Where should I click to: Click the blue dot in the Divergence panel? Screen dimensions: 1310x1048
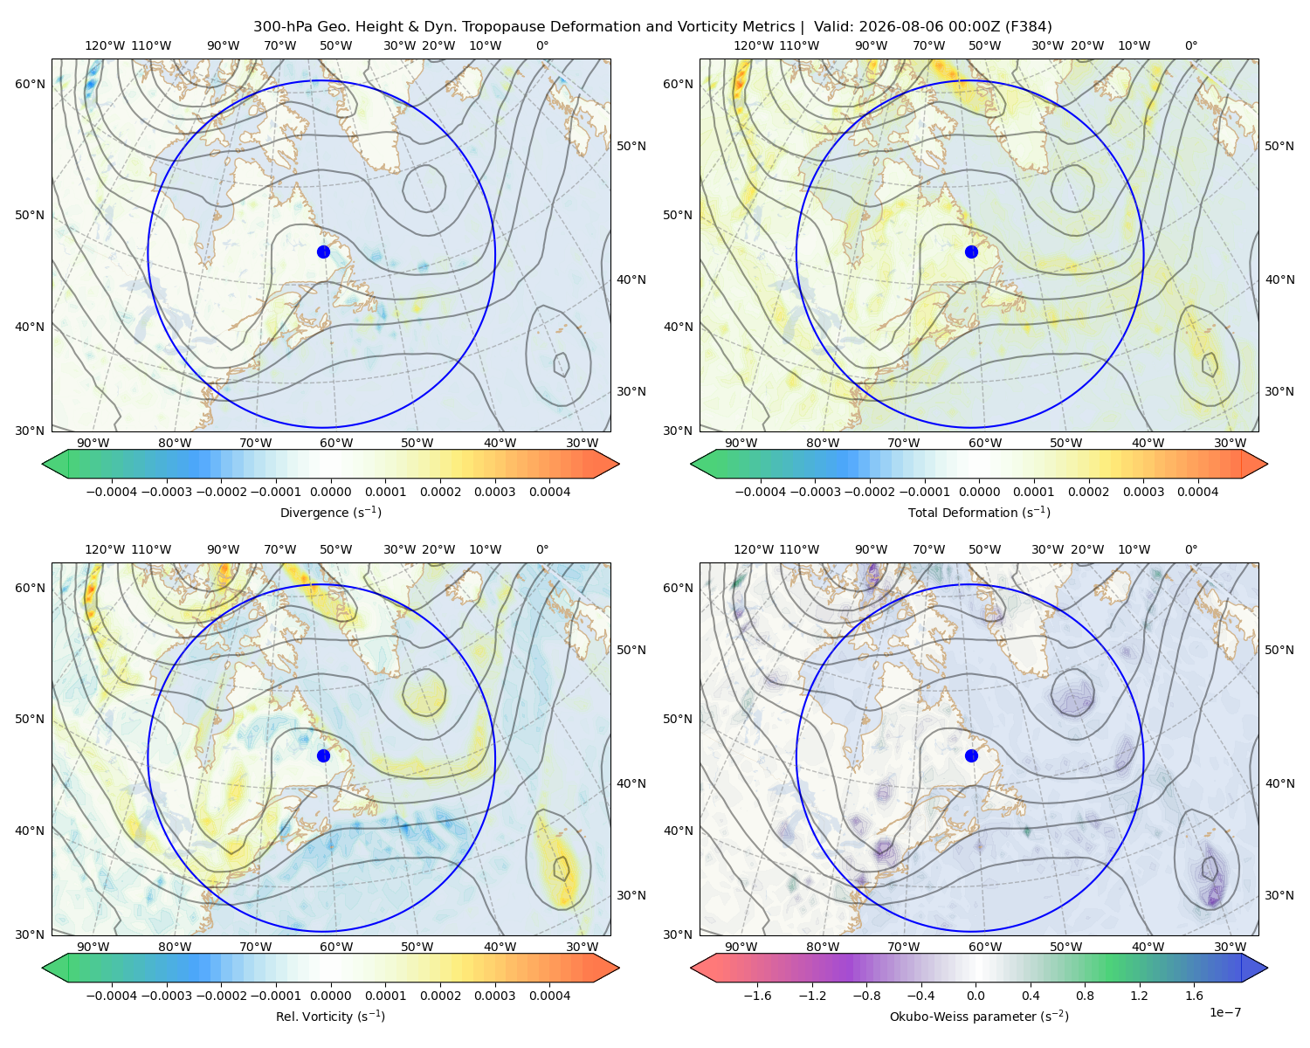click(323, 252)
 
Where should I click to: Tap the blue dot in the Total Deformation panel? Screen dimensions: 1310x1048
click(971, 252)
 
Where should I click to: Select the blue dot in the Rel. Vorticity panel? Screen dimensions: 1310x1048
click(323, 755)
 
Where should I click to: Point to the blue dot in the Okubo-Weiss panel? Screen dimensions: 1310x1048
click(971, 755)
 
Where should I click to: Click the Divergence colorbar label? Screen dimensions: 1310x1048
click(330, 512)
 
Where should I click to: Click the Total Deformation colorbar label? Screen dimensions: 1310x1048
click(979, 512)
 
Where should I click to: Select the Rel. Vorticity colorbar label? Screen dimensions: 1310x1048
click(330, 1017)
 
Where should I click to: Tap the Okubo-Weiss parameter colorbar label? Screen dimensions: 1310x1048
click(979, 1017)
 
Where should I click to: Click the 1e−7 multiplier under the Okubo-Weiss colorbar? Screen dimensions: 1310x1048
click(1224, 1012)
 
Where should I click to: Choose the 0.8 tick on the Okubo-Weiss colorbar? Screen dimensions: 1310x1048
click(1085, 996)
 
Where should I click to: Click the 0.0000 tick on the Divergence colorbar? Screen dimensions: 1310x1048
click(330, 492)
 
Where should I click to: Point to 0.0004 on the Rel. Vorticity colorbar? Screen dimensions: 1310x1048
click(549, 996)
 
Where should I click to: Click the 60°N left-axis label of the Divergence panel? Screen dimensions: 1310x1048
click(30, 84)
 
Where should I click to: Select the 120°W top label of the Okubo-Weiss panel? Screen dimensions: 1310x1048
click(753, 549)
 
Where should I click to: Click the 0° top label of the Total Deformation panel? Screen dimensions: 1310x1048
click(1190, 45)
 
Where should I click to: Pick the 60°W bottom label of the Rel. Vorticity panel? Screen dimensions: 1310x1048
click(336, 947)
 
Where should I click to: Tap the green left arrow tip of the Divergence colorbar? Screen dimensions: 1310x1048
click(43, 464)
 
